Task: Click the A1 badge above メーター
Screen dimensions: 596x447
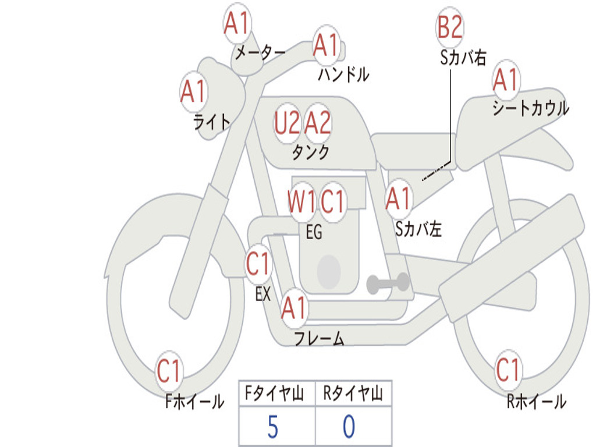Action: tap(237, 24)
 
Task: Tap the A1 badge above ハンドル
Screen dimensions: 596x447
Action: tap(326, 45)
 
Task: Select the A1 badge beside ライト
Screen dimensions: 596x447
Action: tap(193, 92)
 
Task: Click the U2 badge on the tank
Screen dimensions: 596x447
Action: tap(288, 123)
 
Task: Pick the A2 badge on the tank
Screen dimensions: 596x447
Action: tap(318, 123)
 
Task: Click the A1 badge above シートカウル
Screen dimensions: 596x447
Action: tap(505, 80)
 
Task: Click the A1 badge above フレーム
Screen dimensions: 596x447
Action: tap(294, 308)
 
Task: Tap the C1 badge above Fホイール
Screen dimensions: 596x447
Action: tap(169, 371)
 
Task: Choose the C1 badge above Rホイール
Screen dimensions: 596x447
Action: tap(508, 370)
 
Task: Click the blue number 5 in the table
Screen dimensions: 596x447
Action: tap(272, 427)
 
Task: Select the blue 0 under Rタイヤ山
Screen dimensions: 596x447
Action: tap(349, 427)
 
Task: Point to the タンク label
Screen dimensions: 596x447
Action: tap(310, 152)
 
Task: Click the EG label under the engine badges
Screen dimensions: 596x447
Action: tap(314, 232)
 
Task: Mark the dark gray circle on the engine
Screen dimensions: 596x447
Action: tap(329, 271)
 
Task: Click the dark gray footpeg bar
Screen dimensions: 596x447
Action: tap(388, 283)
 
